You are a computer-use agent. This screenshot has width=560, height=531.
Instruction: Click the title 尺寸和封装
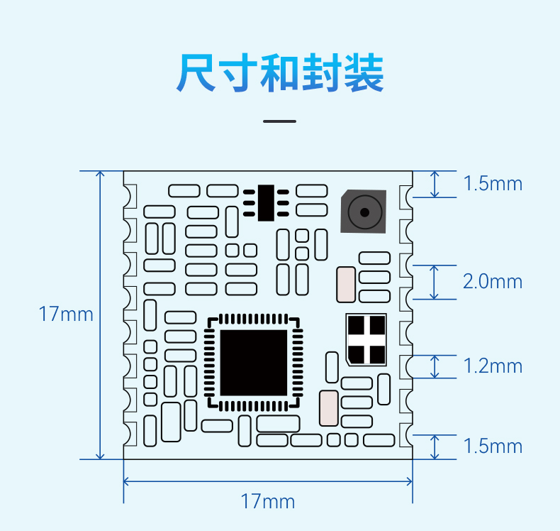tap(280, 73)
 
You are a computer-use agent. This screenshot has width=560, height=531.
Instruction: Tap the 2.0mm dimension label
tap(493, 281)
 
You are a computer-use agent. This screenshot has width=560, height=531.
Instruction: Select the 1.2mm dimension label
tap(493, 366)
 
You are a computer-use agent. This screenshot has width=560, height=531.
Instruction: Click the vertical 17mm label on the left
tap(66, 314)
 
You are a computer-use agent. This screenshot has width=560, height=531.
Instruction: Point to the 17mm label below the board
tap(268, 501)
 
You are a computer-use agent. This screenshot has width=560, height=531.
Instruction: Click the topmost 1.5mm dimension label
tap(493, 183)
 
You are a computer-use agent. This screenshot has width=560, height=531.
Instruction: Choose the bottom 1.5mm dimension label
tap(493, 447)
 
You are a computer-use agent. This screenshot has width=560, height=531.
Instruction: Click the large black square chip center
tap(254, 363)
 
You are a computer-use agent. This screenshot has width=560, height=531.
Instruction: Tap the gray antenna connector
tap(364, 212)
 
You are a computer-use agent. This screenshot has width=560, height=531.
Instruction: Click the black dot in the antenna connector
tap(364, 213)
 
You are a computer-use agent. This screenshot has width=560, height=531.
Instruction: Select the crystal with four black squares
tap(366, 340)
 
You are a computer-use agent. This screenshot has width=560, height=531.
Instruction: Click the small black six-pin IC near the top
tap(266, 203)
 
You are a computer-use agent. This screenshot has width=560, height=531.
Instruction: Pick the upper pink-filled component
tap(346, 285)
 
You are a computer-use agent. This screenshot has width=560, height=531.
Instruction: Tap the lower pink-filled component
tap(329, 408)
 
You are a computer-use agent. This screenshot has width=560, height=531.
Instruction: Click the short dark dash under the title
tap(279, 121)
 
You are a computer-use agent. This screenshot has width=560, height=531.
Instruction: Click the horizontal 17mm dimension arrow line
tap(268, 481)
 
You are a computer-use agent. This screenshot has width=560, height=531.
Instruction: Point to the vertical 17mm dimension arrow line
tap(101, 315)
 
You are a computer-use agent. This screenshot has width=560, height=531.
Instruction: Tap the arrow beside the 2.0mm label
tap(435, 282)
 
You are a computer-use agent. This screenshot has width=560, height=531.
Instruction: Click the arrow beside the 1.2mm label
tap(435, 366)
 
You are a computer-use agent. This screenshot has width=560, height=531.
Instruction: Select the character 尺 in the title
tap(196, 73)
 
